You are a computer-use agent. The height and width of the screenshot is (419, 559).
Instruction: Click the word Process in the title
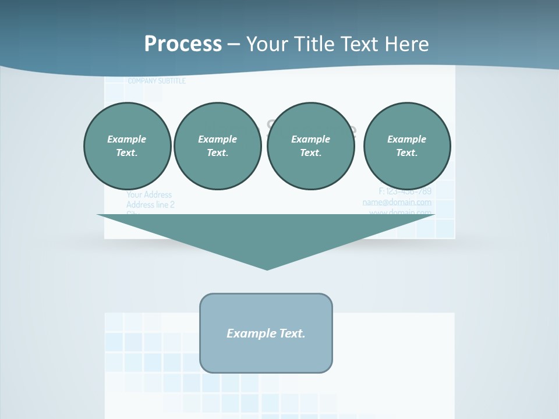pos(183,44)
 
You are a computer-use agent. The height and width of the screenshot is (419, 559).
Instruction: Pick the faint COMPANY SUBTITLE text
pos(157,81)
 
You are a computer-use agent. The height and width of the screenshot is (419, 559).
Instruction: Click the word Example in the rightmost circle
pos(406,139)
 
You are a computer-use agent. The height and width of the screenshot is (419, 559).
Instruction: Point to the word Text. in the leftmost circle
pos(127,153)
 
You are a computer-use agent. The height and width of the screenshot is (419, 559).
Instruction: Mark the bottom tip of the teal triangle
pos(267,268)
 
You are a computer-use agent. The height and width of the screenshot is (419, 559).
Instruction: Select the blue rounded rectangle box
pos(266,355)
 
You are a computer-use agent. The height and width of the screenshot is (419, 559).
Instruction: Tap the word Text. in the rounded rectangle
pos(292,333)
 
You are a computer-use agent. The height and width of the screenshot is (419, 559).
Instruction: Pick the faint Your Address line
pos(149,195)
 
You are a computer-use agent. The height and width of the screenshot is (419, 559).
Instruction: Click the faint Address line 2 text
pos(150,205)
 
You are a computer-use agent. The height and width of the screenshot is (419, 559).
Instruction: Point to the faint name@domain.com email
pos(397,203)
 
